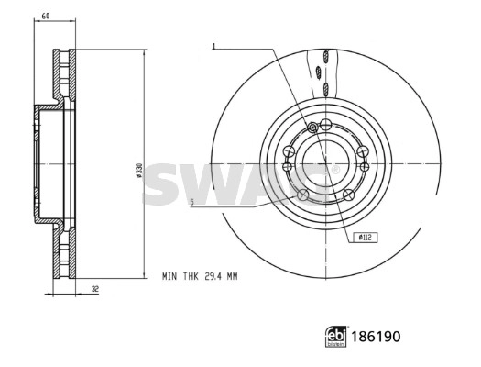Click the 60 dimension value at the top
click(44, 17)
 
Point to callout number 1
click(213, 45)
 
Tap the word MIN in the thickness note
click(169, 275)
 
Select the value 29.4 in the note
click(212, 275)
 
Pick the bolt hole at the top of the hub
click(324, 124)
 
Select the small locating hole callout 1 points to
click(313, 126)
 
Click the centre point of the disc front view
click(325, 161)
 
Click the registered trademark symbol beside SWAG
click(335, 169)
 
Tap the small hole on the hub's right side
click(366, 167)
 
